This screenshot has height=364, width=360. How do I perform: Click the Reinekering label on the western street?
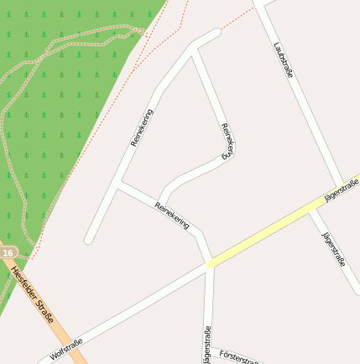143,127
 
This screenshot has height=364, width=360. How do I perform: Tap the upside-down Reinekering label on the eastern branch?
226,141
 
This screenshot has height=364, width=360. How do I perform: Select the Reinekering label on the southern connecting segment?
173,217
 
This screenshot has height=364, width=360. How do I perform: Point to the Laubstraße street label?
284,61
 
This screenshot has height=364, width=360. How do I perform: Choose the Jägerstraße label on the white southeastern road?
334,248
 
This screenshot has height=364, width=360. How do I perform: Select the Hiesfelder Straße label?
34,294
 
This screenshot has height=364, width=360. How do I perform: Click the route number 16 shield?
8,252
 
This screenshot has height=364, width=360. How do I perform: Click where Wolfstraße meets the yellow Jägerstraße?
208,264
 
